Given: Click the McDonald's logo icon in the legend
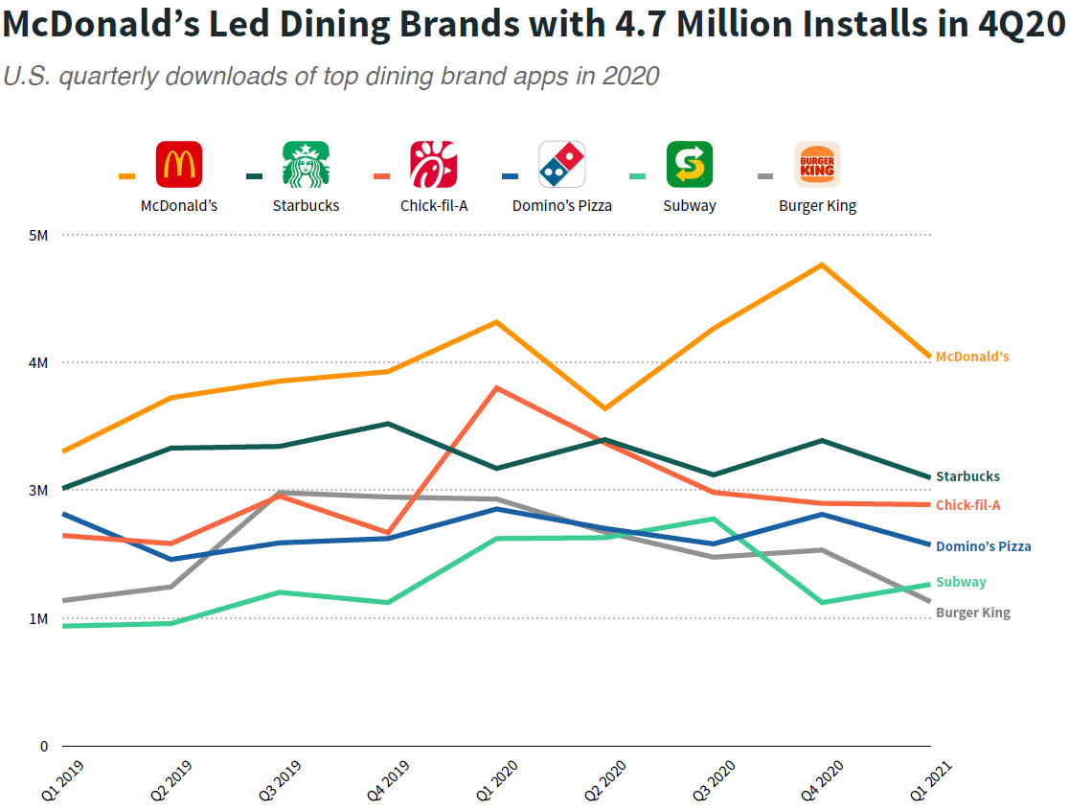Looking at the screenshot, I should (179, 164).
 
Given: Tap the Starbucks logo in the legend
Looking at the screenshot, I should (306, 164).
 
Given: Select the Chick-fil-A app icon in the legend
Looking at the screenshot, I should (433, 164).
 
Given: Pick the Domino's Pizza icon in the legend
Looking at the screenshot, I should (561, 164).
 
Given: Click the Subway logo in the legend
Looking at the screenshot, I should (690, 164).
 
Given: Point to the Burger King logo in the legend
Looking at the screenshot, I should (817, 164).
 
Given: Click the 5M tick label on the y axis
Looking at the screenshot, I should (38, 235).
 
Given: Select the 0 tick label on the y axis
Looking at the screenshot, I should (44, 746).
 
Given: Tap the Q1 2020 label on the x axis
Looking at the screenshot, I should (495, 780).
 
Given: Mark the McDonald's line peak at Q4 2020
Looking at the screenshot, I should (822, 265).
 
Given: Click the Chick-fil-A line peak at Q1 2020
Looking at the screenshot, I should (496, 387).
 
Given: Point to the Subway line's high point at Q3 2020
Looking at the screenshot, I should (714, 519).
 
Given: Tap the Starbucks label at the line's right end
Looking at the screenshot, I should (967, 476).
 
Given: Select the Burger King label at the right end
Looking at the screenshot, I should (972, 613).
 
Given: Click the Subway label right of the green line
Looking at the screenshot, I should (961, 582).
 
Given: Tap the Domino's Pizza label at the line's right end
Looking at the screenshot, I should (983, 546).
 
